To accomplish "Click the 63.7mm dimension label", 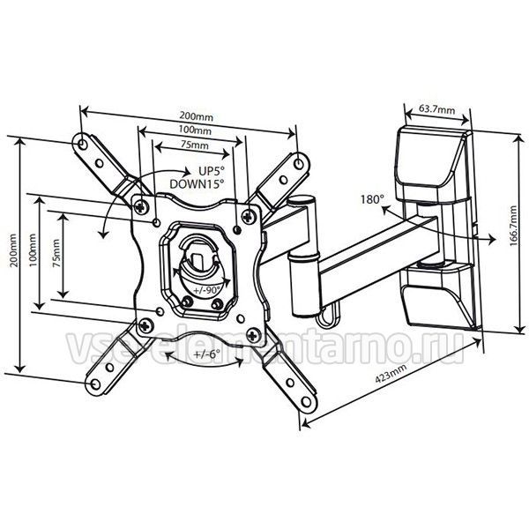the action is click(x=437, y=109).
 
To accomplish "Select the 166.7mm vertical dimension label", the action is click(x=513, y=226).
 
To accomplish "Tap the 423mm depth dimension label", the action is click(x=391, y=374).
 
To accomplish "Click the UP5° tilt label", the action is click(x=212, y=171).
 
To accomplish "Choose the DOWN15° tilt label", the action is click(x=197, y=184).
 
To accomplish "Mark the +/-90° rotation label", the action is click(x=207, y=289).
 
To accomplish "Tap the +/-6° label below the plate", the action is click(x=206, y=354).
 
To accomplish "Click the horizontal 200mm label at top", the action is click(x=196, y=116).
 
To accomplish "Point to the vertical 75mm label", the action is click(x=56, y=253).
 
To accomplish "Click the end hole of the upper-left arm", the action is click(x=81, y=144).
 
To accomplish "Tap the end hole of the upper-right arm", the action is click(x=298, y=164).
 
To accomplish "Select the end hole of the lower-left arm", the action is click(x=96, y=384).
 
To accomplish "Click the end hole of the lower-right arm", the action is click(x=306, y=402).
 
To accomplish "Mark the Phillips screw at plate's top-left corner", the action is click(x=142, y=206).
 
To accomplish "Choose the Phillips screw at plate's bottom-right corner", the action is click(x=253, y=335).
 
